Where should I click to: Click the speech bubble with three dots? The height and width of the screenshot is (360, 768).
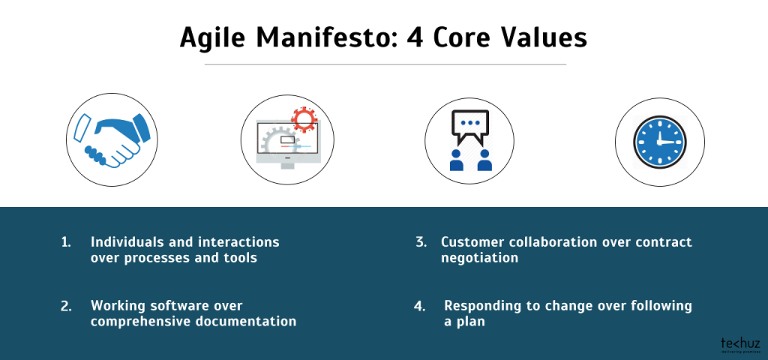click(469, 125)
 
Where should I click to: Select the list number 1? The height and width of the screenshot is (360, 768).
click(65, 242)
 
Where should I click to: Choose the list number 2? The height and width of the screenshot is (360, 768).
click(66, 306)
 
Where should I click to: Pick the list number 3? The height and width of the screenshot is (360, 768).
click(421, 242)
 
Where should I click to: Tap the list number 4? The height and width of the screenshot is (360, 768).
click(421, 306)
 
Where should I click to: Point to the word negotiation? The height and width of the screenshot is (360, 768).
click(479, 257)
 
